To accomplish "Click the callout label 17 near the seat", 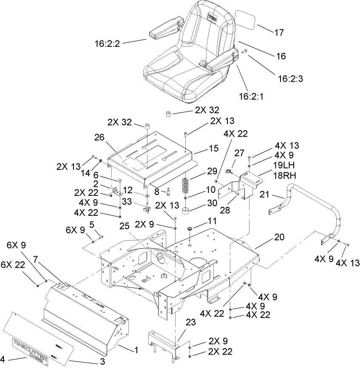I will (x=279, y=32).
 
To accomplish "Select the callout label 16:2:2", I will (x=108, y=43).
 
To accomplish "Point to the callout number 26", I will (x=99, y=137).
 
